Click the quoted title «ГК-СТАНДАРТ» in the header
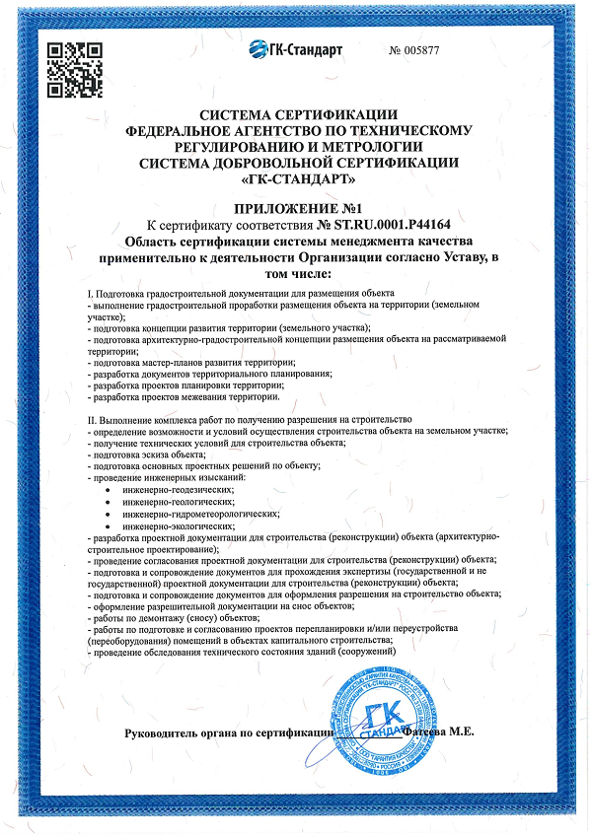298,179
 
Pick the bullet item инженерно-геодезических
179,489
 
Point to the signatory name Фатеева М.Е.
440,732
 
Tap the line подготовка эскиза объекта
147,454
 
